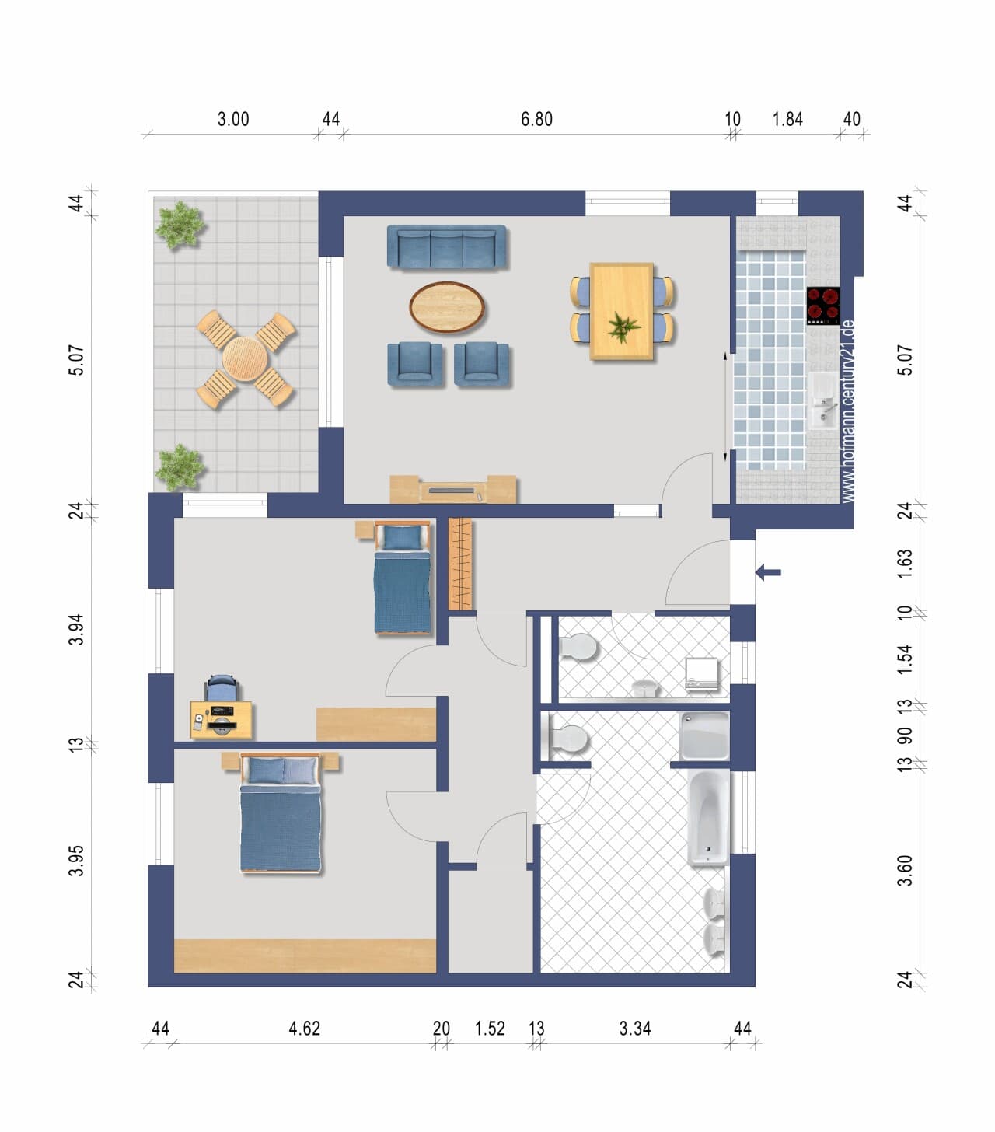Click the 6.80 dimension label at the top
point(536,119)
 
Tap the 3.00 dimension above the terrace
point(233,119)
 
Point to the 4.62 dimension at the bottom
point(305,1028)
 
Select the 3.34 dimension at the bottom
point(635,1028)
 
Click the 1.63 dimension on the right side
point(905,564)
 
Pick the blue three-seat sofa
point(446,247)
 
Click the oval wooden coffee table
point(447,307)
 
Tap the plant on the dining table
point(623,327)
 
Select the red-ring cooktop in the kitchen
point(823,306)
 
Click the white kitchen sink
point(823,401)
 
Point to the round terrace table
point(245,358)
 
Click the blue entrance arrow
point(768,572)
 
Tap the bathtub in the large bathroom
point(708,818)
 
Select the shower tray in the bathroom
point(704,736)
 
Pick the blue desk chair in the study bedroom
point(222,687)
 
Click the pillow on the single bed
point(402,537)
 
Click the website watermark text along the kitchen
point(848,411)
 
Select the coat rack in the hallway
point(460,564)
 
